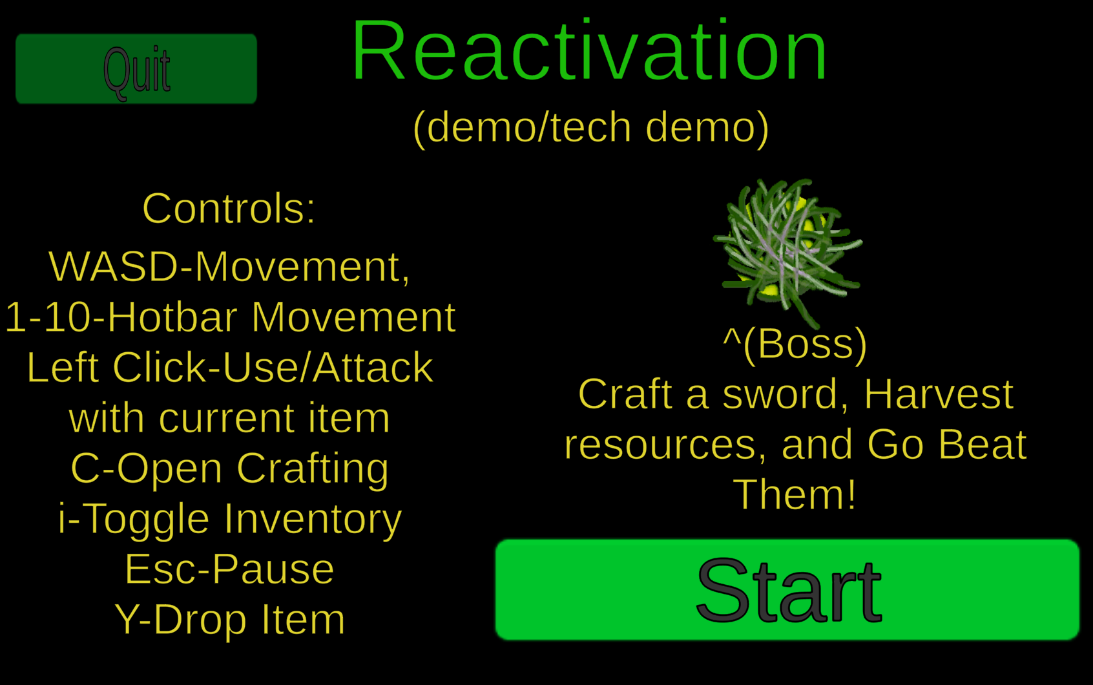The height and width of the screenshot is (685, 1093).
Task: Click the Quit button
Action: pos(136,69)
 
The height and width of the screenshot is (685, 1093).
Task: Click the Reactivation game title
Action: pos(589,50)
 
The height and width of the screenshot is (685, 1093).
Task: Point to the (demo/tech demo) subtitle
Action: pos(591,128)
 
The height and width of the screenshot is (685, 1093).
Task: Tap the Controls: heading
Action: pos(229,209)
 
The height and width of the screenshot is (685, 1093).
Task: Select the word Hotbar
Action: pos(171,317)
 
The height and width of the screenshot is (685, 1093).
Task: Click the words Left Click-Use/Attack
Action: pos(230,368)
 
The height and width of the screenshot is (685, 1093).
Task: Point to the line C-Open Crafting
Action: pos(229,469)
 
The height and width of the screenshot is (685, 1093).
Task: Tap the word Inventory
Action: pos(313,520)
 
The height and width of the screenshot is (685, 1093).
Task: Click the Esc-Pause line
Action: pos(229,569)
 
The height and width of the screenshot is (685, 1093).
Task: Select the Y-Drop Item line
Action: pos(229,620)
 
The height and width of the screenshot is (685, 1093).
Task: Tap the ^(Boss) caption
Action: pos(795,345)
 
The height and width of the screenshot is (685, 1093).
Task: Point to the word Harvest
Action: pos(939,394)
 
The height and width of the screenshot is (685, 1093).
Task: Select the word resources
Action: pos(665,445)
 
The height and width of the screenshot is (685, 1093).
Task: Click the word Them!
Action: pos(795,494)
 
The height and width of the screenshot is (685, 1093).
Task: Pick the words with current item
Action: pos(229,418)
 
